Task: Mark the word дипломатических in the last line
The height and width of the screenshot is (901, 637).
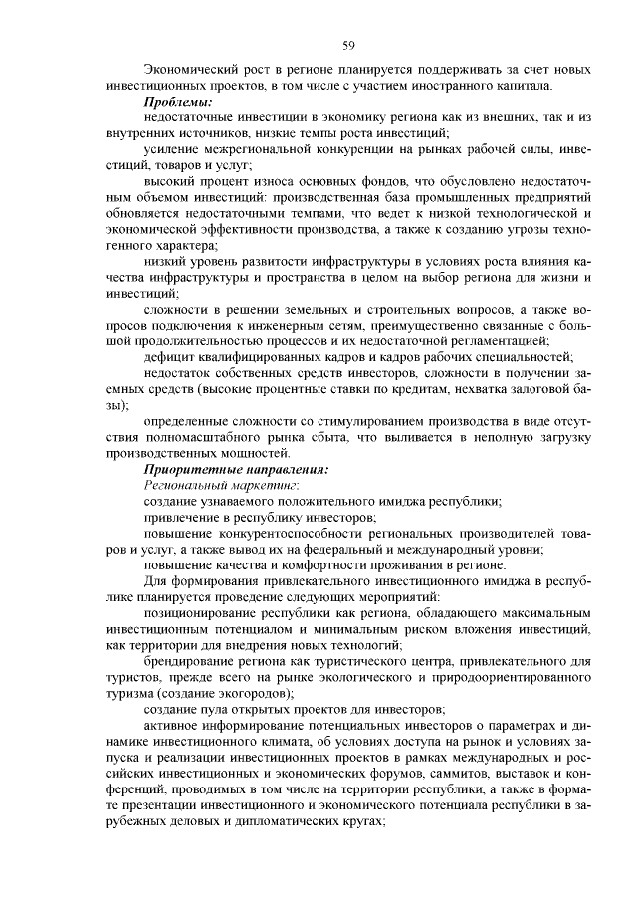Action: pos(272,822)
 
